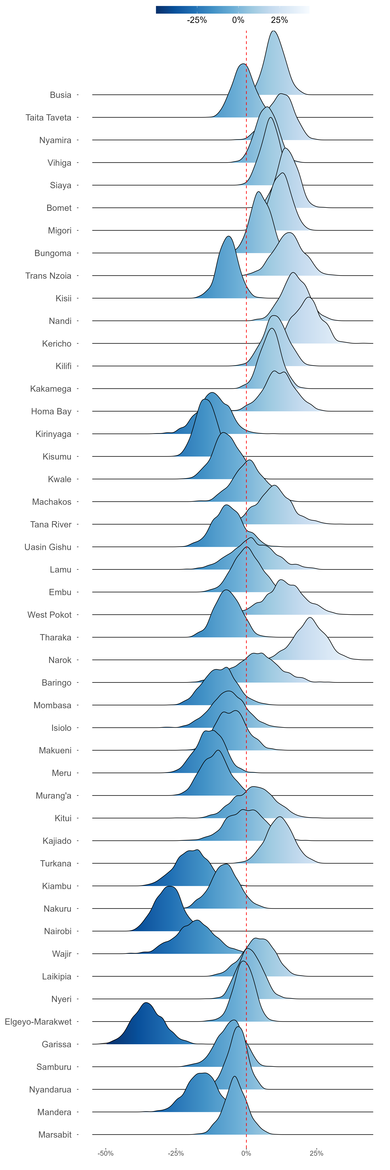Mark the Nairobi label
coord(58,932)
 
